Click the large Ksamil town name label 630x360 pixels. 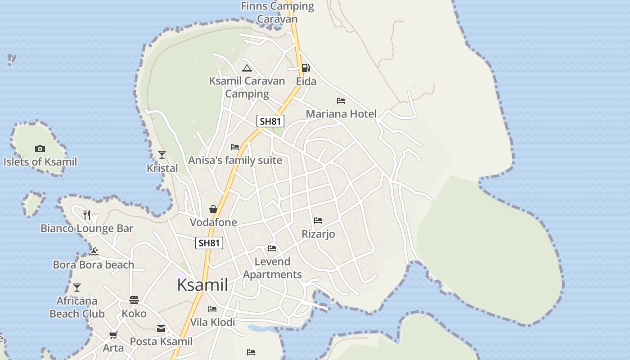coord(202,285)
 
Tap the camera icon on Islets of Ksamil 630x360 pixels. coord(40,148)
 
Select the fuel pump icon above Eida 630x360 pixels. coord(306,68)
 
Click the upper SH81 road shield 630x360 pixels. coord(270,121)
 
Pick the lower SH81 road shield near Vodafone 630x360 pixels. coord(210,243)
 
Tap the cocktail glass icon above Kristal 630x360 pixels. coord(162,155)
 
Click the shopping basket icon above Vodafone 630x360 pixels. coord(213,209)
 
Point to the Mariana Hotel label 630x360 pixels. coord(341,114)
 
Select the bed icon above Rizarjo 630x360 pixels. coord(318,220)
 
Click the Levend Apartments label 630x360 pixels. coord(272,268)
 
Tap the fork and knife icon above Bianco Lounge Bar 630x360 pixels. coord(87,215)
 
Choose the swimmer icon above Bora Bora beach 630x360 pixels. coord(94,251)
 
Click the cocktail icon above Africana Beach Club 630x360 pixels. coord(77,287)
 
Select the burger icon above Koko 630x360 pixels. coord(134,300)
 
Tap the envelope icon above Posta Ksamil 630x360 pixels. coord(161,328)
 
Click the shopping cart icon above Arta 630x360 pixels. coord(113,335)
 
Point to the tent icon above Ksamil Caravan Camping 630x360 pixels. coord(247,68)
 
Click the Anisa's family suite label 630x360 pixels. coord(235,160)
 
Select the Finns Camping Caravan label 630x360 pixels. coord(277,12)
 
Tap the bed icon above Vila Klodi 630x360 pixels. coord(212,309)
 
